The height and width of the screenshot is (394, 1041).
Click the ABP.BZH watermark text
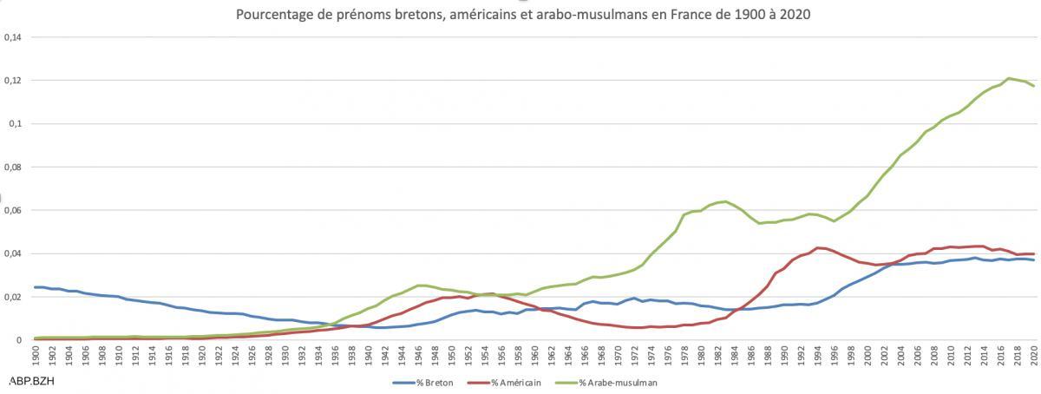coord(28,381)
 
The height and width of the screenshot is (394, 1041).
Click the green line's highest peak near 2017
coord(1008,78)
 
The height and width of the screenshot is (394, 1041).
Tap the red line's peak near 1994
coord(817,247)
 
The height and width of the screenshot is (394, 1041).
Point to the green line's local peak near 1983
coord(725,201)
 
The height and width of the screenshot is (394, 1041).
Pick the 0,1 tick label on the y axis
coord(15,124)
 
